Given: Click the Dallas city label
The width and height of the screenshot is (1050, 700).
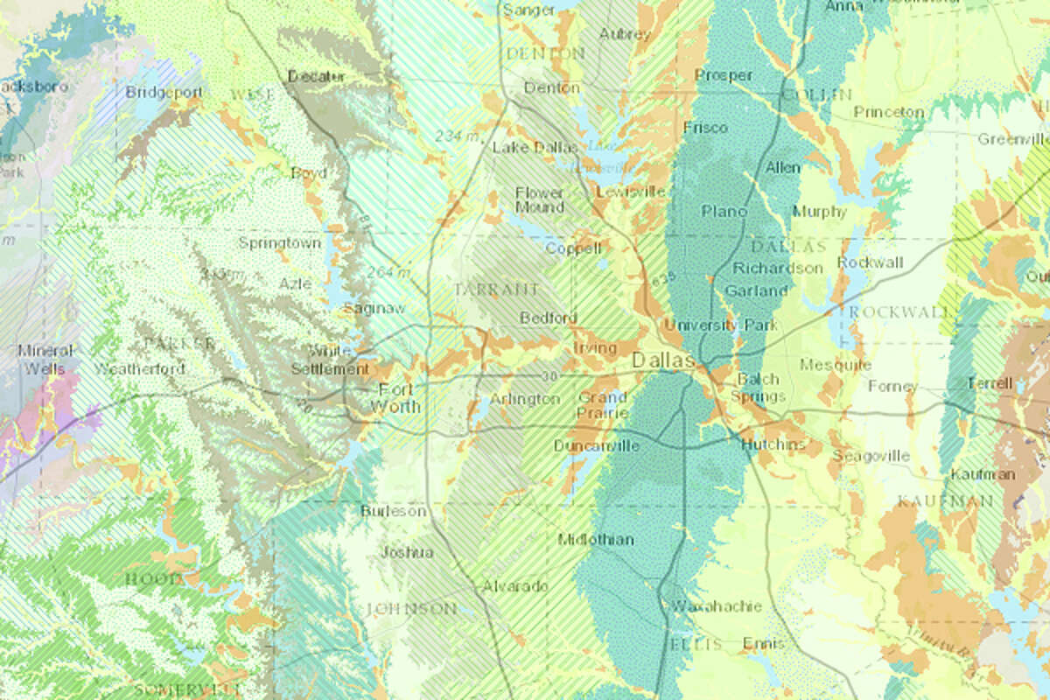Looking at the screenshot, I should (663, 360).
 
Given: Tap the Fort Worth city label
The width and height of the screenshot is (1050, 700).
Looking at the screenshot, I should (395, 398).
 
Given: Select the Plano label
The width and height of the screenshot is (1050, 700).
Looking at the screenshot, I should (724, 211).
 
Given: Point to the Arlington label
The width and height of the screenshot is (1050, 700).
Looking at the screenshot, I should (524, 399).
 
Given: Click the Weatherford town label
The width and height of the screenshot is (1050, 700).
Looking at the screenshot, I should (140, 368).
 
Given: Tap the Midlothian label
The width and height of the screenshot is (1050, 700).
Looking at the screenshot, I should (596, 539).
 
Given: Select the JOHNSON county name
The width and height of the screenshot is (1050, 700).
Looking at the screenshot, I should (410, 608).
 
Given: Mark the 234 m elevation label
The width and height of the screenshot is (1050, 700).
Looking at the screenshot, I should (458, 136).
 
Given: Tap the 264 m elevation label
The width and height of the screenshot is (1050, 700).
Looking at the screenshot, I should (389, 272).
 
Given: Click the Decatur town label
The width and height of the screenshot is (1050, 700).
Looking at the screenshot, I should (315, 77).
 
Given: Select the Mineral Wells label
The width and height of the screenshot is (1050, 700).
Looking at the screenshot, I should (45, 360).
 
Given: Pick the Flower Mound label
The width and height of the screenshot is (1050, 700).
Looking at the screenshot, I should (539, 199).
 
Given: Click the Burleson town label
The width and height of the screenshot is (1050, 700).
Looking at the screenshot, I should (394, 511).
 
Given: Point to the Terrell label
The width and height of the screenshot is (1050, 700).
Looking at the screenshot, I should (990, 383).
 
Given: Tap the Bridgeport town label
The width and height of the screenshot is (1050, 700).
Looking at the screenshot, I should (164, 92).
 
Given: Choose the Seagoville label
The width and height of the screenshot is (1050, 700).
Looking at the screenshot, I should (871, 456).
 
